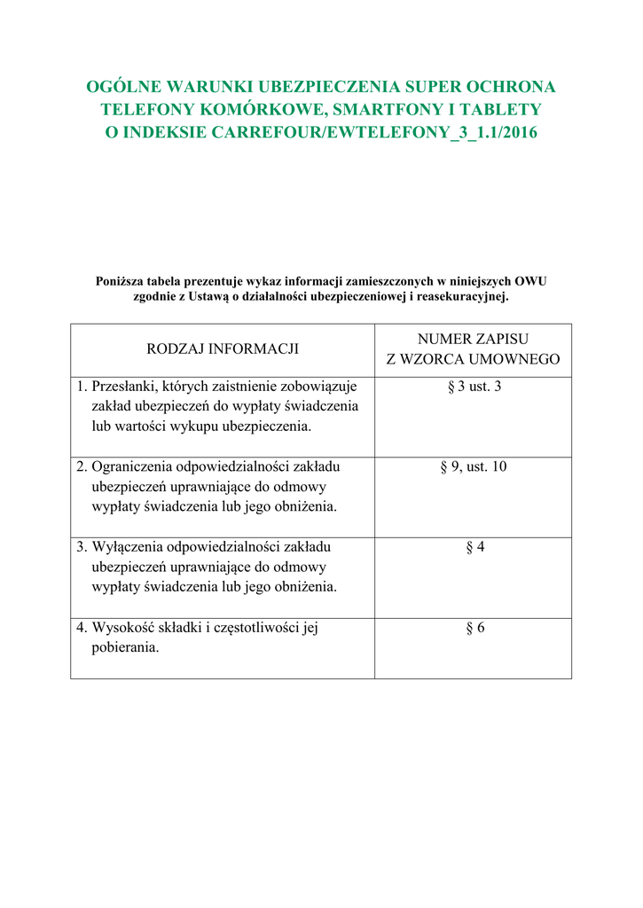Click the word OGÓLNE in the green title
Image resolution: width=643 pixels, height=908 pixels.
pos(122,87)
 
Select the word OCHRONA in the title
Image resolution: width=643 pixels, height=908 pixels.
pos(515,87)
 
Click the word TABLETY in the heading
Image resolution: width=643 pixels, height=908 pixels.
pos(503,109)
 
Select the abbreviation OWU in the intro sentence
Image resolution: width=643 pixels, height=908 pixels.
pos(530,282)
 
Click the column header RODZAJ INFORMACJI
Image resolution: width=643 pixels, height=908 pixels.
pos(223,349)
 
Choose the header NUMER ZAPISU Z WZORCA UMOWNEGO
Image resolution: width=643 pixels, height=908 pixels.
pos(473,349)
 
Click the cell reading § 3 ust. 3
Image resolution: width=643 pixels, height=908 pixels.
pos(473,387)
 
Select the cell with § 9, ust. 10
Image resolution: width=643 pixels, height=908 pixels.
pos(473,466)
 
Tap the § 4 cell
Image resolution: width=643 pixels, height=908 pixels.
pos(474,547)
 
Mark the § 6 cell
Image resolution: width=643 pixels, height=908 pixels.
pos(474,628)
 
